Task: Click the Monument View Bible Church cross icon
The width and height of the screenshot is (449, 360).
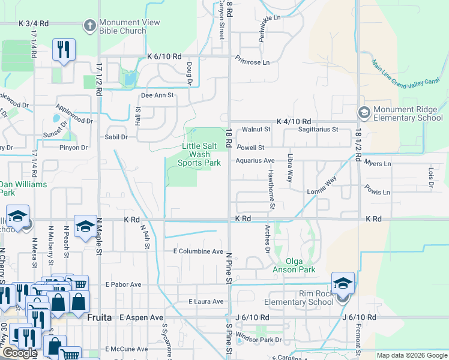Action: [90, 25]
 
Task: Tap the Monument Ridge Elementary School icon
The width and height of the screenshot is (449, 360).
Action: [364, 112]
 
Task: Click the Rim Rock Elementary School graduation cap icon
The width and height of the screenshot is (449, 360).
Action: [343, 283]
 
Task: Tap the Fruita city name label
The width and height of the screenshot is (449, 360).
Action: [100, 317]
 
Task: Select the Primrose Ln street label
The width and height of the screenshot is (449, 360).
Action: [252, 60]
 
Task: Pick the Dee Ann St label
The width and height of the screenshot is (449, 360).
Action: [157, 95]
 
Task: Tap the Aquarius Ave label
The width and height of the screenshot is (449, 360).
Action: [255, 161]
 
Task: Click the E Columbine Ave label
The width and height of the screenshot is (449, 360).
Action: [198, 251]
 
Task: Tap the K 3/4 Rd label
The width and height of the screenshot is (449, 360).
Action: [33, 23]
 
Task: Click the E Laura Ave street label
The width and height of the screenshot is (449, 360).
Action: [205, 301]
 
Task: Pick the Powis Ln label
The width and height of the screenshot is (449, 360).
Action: [377, 193]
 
